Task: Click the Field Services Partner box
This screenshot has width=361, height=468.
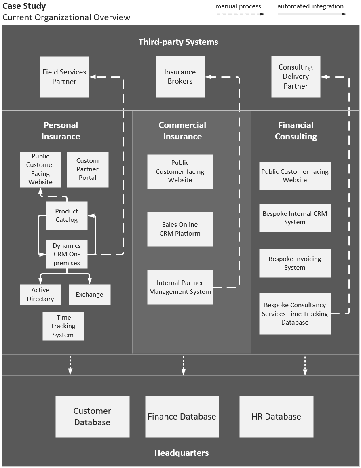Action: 64,77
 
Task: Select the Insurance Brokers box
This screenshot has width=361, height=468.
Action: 180,77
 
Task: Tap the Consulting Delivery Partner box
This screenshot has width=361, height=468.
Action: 296,77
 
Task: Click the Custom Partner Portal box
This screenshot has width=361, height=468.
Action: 87,169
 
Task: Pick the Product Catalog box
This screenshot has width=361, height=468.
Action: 67,215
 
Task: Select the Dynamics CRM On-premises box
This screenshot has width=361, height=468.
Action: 67,254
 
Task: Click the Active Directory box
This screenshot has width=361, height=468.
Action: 40,295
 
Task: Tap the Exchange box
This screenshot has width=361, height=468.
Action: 89,295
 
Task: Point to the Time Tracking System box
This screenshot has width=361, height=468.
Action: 63,326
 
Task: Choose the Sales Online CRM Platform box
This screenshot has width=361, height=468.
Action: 180,229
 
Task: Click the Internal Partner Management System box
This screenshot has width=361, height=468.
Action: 180,287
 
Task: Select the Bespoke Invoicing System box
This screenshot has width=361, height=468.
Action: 295,263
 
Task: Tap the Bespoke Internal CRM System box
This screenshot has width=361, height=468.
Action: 295,218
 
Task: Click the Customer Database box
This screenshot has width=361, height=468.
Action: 92,417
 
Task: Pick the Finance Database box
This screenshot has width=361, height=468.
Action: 182,417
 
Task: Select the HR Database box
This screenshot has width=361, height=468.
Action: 276,417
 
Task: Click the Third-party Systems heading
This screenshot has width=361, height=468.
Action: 178,42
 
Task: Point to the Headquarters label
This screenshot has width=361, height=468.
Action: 182,453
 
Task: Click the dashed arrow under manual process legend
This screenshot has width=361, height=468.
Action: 240,14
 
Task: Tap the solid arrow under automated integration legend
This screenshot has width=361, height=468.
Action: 312,14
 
